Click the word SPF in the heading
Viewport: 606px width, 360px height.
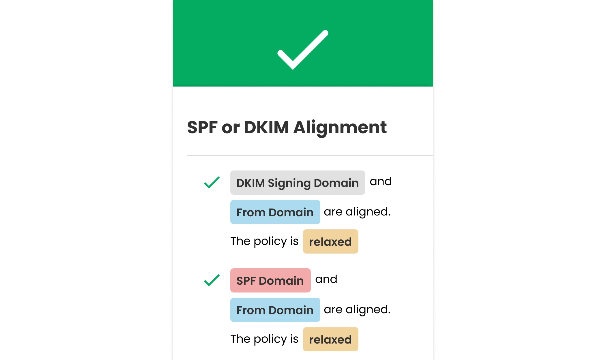(202, 127)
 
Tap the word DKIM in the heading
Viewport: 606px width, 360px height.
(266, 127)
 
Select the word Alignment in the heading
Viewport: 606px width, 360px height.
(340, 128)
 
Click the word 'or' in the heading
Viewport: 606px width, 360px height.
(231, 129)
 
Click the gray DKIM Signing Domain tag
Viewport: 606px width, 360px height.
(298, 183)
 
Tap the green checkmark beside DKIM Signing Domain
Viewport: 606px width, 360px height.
(212, 182)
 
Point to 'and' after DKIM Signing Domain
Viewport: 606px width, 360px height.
(381, 181)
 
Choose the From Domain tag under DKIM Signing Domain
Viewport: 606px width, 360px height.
(275, 212)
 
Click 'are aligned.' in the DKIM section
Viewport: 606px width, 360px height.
(357, 212)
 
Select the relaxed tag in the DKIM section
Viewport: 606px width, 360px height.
(330, 241)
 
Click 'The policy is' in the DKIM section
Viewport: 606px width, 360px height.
(264, 241)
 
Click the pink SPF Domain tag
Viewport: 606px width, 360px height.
(270, 280)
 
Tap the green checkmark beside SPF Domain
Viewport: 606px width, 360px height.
(212, 280)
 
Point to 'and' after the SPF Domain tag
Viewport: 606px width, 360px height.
(326, 279)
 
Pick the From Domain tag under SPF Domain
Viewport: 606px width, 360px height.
(275, 310)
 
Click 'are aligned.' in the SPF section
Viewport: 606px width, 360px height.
(357, 310)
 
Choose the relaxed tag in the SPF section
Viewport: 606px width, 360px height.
(330, 339)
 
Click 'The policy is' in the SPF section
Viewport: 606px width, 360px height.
(264, 339)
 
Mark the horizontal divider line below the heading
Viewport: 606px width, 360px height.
(310, 155)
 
